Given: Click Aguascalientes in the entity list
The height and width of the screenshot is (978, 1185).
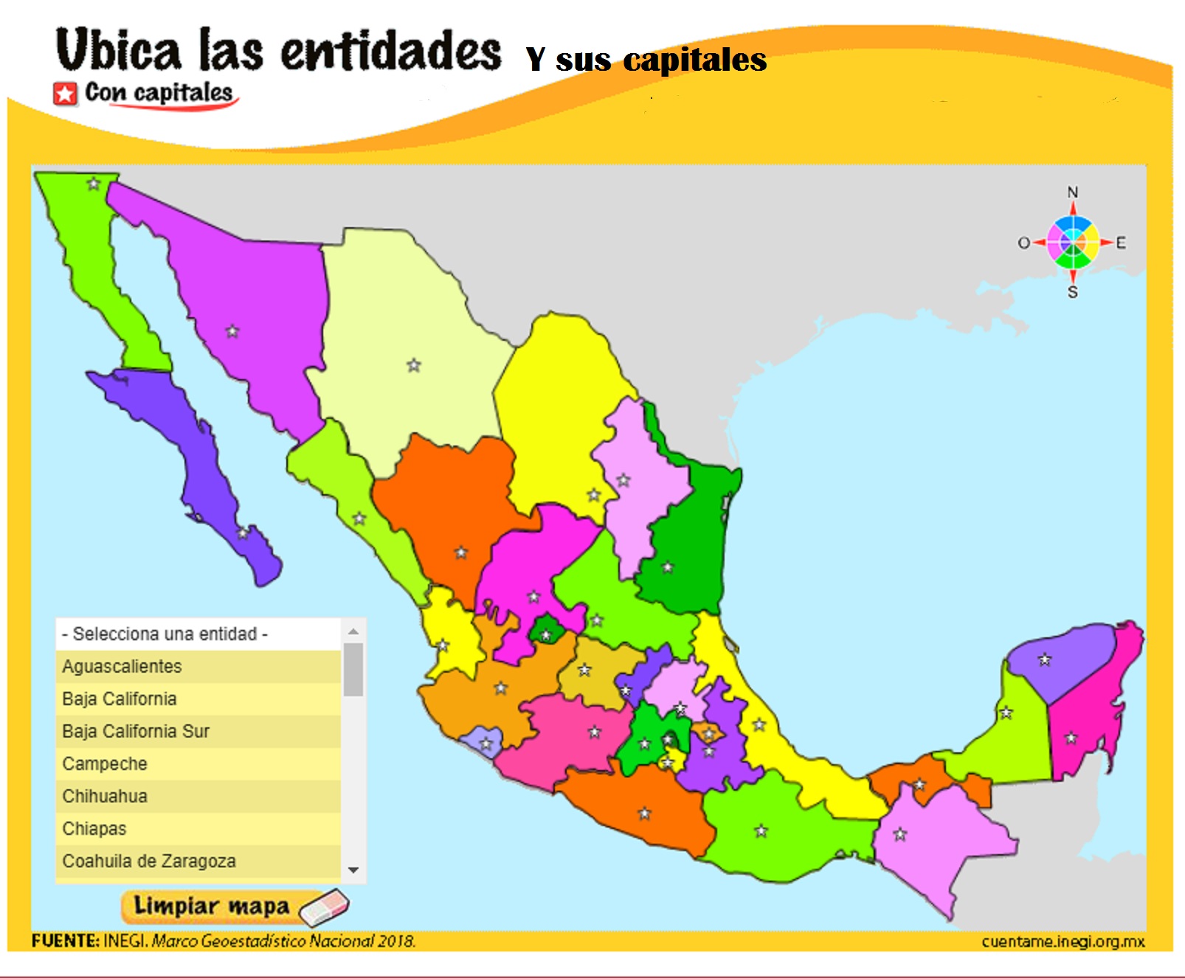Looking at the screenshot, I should (x=122, y=666).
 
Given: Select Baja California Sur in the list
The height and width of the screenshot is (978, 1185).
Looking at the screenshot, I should (x=136, y=731).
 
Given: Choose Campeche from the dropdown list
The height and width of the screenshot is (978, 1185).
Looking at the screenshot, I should (x=105, y=763).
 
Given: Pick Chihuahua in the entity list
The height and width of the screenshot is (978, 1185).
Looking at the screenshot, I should (x=105, y=796).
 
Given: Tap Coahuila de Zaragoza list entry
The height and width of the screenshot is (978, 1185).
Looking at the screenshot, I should (x=149, y=861).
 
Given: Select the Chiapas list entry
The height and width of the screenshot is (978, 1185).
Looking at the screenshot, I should (x=94, y=828).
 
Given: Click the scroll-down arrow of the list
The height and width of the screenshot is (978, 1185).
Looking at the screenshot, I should (x=353, y=870).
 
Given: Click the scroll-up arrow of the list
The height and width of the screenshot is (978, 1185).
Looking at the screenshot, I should (x=353, y=631).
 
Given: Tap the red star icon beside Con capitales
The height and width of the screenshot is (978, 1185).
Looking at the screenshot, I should (x=65, y=94).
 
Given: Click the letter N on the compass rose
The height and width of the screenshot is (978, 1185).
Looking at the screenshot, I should (x=1073, y=192).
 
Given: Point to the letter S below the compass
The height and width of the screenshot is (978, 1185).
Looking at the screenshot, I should (x=1073, y=292).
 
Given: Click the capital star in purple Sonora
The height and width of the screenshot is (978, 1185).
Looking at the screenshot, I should (x=232, y=331).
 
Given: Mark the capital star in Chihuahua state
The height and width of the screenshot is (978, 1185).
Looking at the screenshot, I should (x=414, y=365).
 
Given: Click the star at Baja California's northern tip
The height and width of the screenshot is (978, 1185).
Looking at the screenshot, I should (x=94, y=184).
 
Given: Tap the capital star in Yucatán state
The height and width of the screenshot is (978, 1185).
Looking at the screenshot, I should (x=1045, y=659).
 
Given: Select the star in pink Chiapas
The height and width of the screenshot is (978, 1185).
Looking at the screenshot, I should (x=900, y=834).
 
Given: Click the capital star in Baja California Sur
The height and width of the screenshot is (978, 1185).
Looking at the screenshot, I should (x=243, y=532).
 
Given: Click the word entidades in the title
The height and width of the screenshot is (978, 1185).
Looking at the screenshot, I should (x=391, y=52).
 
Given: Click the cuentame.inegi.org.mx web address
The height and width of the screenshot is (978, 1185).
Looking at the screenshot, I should (x=1063, y=941).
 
